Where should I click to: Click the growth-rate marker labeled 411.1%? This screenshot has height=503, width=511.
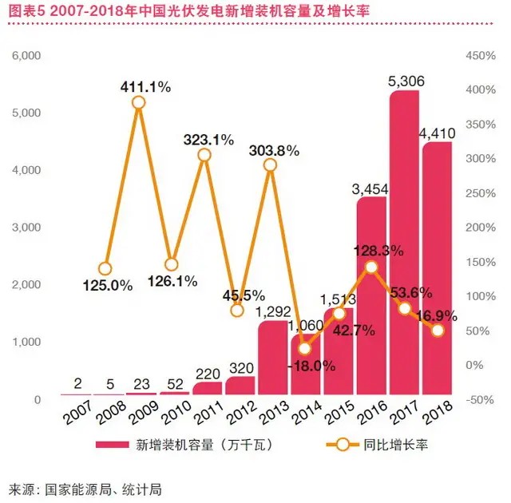[x=138, y=102]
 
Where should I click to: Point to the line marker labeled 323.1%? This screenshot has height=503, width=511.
[x=204, y=155]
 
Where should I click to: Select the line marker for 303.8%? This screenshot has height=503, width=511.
[x=270, y=165]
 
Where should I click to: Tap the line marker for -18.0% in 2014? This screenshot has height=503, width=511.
[x=303, y=348]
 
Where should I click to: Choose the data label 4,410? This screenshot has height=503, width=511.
[x=437, y=131]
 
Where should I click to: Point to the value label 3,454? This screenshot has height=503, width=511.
[x=371, y=188]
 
